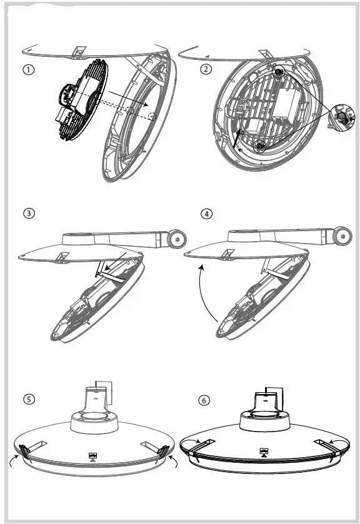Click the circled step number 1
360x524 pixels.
(x=29, y=70)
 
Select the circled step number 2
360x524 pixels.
(x=206, y=69)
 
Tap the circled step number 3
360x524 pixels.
(x=29, y=214)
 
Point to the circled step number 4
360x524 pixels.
(x=206, y=214)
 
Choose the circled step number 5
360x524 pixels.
(x=29, y=400)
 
